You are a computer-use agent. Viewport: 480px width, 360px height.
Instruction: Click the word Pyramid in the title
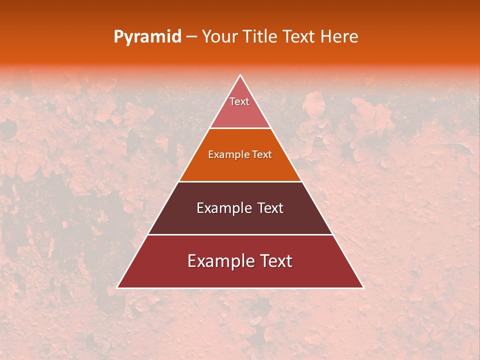click(147, 36)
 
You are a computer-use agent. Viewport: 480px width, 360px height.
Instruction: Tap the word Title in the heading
click(261, 36)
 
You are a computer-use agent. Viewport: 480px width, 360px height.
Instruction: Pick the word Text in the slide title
click(300, 36)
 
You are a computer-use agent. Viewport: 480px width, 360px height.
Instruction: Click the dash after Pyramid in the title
click(191, 37)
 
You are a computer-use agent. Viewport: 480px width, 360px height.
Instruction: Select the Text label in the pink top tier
click(239, 101)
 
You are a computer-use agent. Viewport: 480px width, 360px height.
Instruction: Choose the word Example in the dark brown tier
click(223, 208)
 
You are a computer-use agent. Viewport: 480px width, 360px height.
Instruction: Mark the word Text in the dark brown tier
click(270, 208)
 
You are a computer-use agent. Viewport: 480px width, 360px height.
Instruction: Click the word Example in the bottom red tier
click(219, 261)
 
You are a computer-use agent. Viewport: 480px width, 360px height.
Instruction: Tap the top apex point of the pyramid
click(240, 75)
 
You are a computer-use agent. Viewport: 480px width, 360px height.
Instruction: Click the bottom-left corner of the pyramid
click(117, 288)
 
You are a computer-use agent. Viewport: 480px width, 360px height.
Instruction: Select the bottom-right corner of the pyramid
click(363, 288)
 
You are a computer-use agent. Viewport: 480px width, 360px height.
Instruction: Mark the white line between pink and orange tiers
click(240, 128)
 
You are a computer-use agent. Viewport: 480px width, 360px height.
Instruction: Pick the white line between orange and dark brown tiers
click(240, 181)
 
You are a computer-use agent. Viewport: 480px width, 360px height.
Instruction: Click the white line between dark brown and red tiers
click(240, 234)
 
